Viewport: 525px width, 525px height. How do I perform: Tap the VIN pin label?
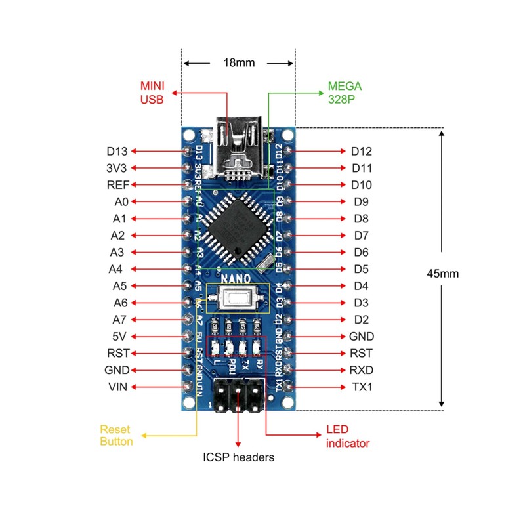(x=118, y=387)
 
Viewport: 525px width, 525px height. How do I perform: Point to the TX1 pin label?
(x=362, y=387)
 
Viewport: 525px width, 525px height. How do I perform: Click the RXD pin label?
(x=362, y=369)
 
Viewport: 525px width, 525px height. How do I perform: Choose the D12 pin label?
(x=362, y=151)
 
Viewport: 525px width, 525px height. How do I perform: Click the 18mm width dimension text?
(x=239, y=64)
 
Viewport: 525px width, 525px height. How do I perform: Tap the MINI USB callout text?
(x=152, y=93)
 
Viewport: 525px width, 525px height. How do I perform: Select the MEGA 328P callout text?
(x=345, y=93)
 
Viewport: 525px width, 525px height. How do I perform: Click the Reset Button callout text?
(x=116, y=435)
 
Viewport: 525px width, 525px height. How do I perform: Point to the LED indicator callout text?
(x=348, y=436)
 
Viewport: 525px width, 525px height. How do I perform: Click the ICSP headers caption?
(x=238, y=457)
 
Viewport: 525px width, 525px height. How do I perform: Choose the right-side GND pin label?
(x=362, y=336)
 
